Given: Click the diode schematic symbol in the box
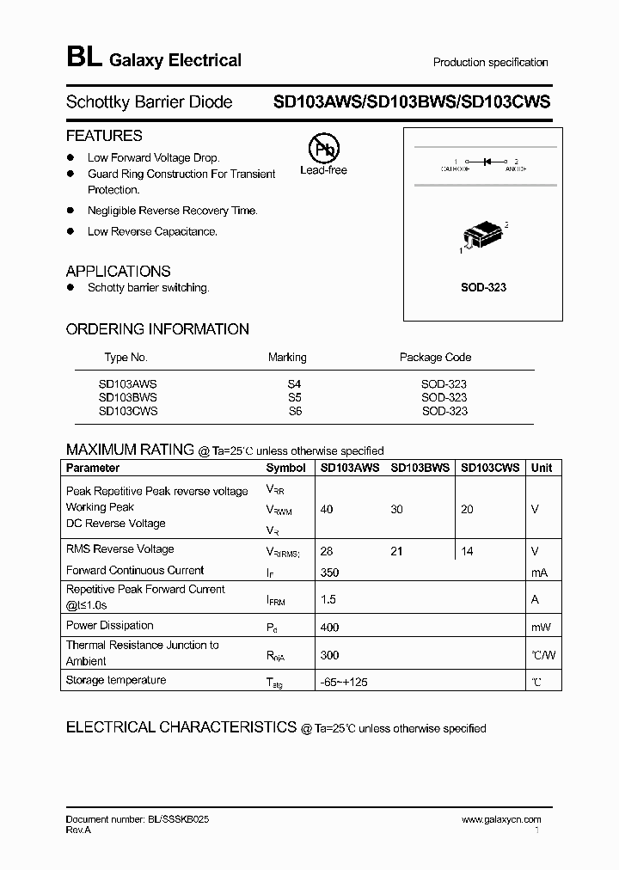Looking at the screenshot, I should [487, 161].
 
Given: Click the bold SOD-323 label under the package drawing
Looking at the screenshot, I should [483, 287].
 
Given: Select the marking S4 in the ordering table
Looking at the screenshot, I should [294, 384].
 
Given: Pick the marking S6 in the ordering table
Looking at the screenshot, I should [294, 411].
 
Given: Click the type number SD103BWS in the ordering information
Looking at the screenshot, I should [128, 397].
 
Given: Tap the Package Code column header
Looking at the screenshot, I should [435, 357].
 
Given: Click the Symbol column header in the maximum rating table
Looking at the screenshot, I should [285, 468].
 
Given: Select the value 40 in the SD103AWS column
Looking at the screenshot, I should [327, 509].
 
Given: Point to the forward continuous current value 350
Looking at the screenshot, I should [329, 572].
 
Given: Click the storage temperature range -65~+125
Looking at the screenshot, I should [344, 682].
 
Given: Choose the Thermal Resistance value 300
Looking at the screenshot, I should [329, 655].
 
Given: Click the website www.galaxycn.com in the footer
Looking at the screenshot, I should [501, 820].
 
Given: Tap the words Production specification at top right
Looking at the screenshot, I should [490, 62].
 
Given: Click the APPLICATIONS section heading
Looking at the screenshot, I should [118, 271].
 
